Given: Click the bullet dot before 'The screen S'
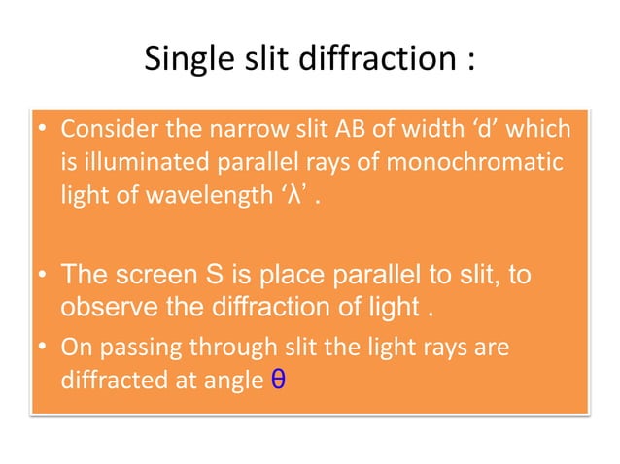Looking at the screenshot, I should pos(45,277).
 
